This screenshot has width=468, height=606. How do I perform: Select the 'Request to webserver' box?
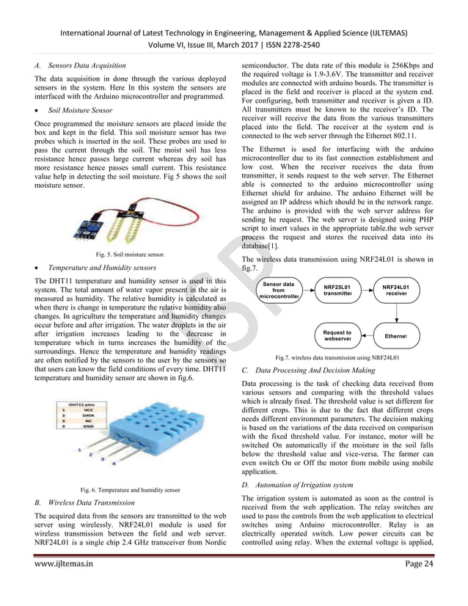tap(337, 336)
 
